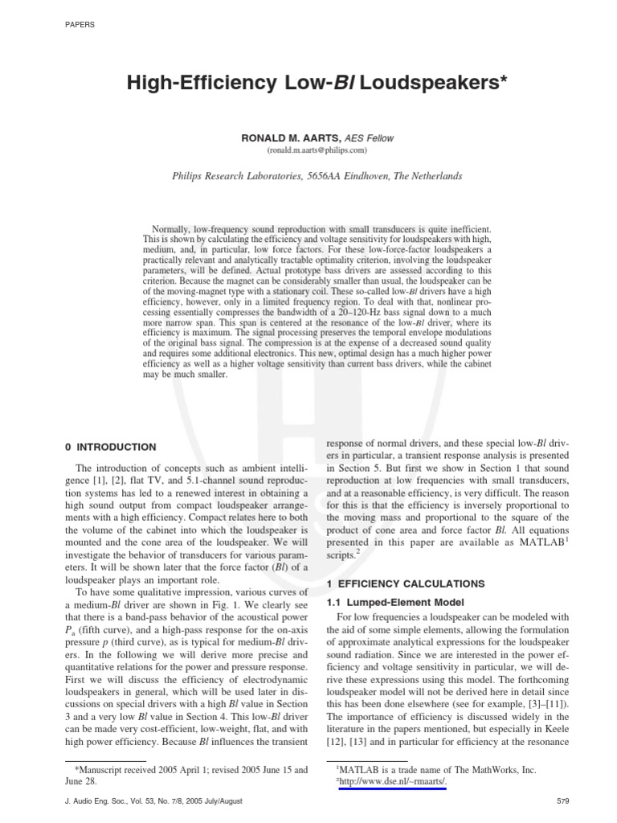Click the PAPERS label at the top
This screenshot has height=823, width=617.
[78, 25]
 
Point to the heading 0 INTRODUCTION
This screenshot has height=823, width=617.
[110, 447]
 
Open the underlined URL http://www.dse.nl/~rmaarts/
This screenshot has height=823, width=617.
[391, 782]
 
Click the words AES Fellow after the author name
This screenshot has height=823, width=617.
[369, 138]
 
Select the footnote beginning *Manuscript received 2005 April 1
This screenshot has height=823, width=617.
[186, 770]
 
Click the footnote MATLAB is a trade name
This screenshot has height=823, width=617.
[438, 770]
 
